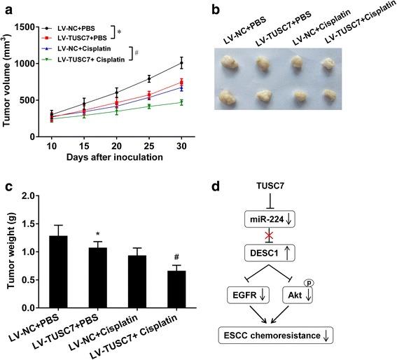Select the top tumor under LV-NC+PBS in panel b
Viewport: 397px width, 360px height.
point(228,64)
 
